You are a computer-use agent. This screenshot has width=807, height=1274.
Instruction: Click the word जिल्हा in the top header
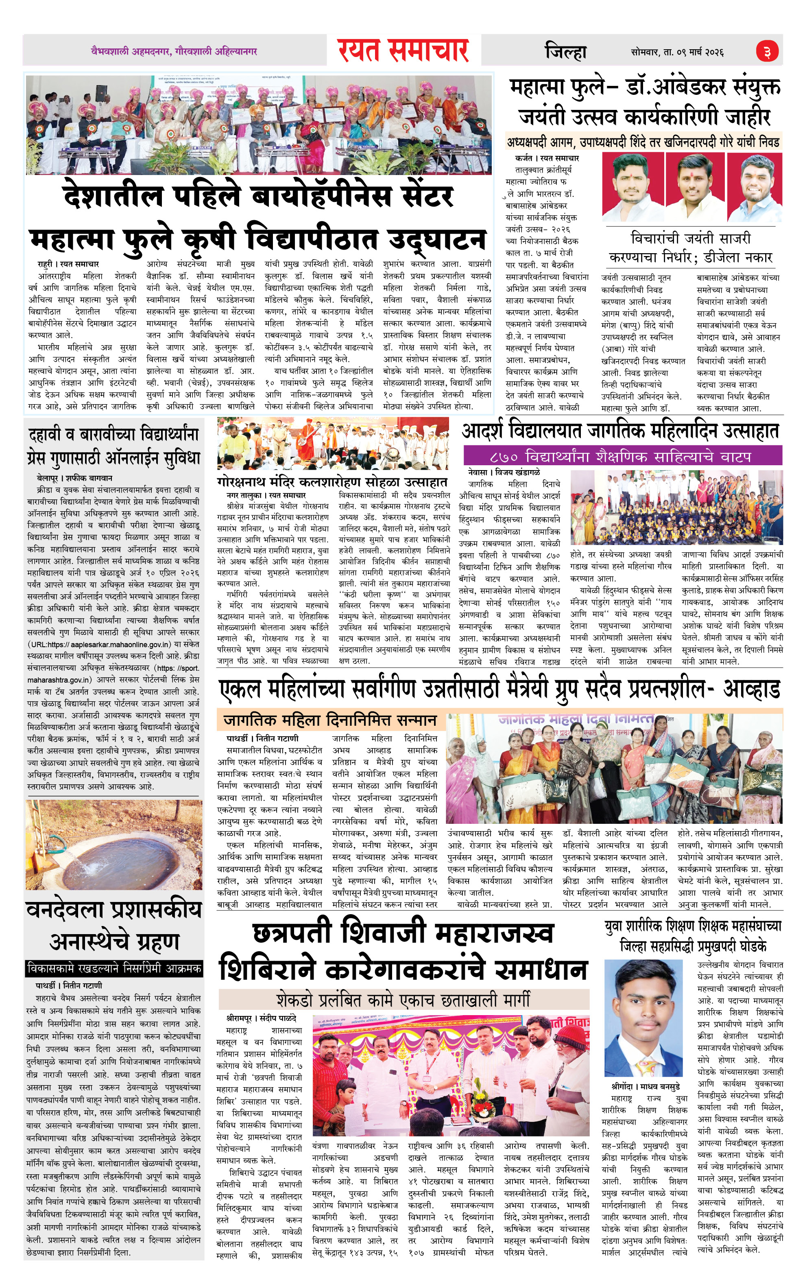[x=565, y=52]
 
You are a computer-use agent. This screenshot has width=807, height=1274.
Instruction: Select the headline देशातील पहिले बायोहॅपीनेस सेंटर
[x=258, y=195]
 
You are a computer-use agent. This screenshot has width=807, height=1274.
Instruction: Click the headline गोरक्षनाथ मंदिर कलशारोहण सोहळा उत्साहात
[x=332, y=482]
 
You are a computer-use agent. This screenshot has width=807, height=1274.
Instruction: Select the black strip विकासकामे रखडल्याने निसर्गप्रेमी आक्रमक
[x=114, y=969]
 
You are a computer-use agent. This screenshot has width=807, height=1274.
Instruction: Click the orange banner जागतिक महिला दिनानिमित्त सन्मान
[x=330, y=720]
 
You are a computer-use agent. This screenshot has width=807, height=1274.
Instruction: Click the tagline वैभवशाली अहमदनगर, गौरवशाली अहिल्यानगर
[x=173, y=51]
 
